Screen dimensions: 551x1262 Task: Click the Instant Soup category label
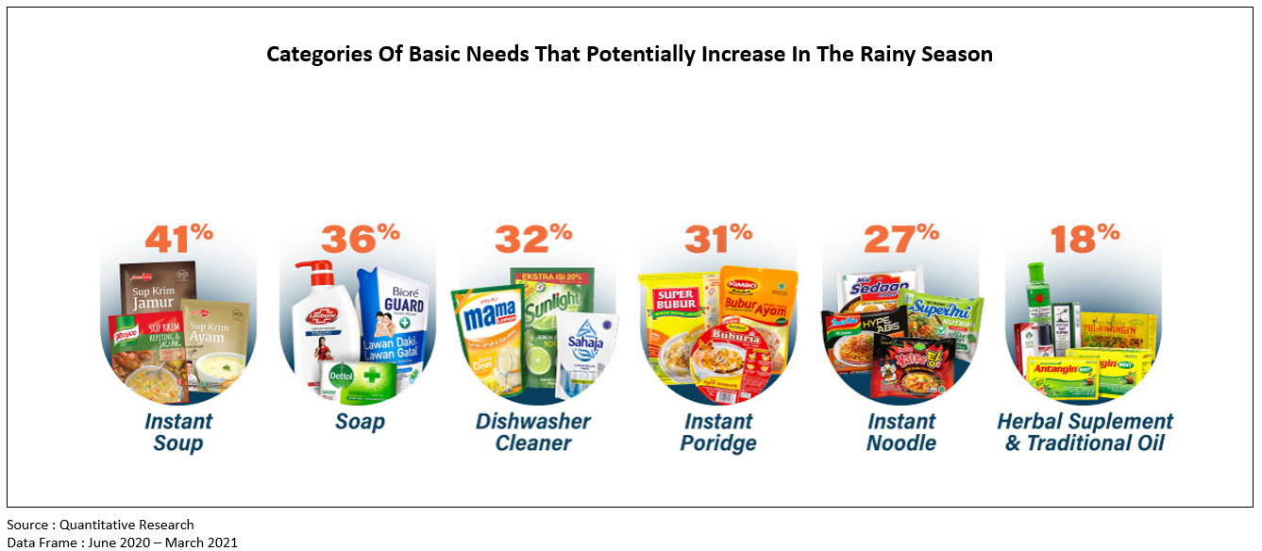[178, 432]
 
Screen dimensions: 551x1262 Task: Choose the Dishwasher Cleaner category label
[533, 432]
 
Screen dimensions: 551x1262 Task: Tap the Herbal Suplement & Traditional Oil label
[1085, 432]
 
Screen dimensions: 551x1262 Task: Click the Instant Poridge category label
[718, 432]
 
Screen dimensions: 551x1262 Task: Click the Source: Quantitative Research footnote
[100, 525]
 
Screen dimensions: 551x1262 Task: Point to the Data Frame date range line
[122, 542]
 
